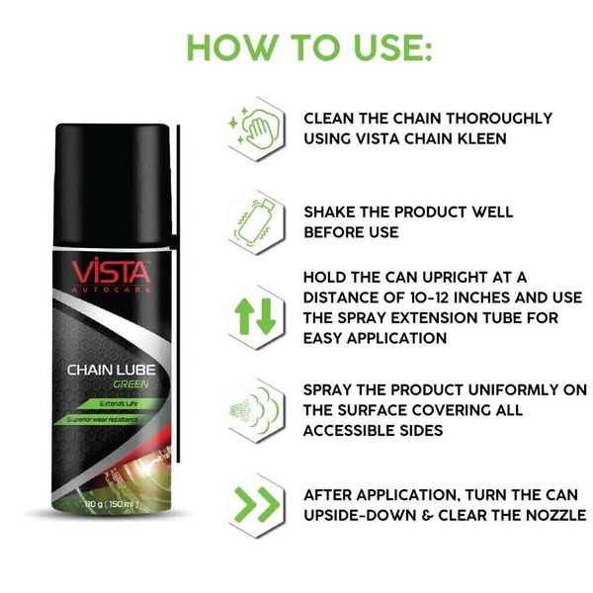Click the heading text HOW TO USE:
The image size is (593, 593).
click(309, 47)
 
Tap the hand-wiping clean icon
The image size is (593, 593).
click(256, 127)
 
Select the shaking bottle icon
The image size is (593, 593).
click(254, 222)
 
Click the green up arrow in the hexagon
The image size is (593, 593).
click(243, 316)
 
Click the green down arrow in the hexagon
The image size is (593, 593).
click(266, 316)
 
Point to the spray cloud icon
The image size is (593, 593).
click(255, 411)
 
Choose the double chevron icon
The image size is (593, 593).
click(257, 505)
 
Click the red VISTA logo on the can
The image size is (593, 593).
click(111, 270)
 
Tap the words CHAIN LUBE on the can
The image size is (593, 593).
click(111, 370)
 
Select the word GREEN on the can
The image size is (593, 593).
click(130, 384)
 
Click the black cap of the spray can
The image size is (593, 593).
click(113, 185)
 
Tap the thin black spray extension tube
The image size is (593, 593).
click(178, 294)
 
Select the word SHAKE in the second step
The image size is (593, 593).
click(329, 212)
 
